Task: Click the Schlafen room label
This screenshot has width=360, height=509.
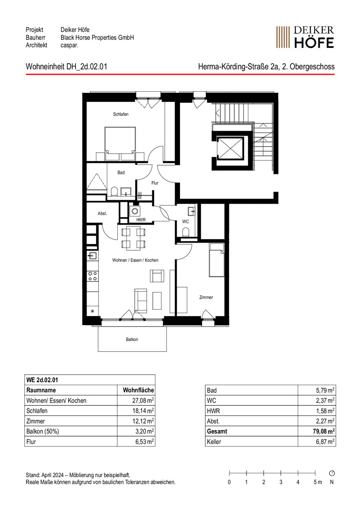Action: pyautogui.click(x=121, y=114)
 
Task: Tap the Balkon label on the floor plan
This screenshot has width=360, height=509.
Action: pyautogui.click(x=132, y=339)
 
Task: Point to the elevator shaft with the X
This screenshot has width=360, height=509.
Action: pyautogui.click(x=230, y=148)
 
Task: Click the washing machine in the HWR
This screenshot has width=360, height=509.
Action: pyautogui.click(x=135, y=211)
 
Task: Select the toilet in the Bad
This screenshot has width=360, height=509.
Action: pyautogui.click(x=114, y=191)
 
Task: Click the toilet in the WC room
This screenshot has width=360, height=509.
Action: pyautogui.click(x=186, y=232)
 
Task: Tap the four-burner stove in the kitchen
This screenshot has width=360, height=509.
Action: pyautogui.click(x=93, y=276)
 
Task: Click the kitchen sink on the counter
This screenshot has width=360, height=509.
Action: pyautogui.click(x=93, y=256)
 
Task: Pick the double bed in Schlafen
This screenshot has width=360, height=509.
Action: pyautogui.click(x=120, y=144)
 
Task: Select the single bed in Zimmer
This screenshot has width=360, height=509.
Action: pyautogui.click(x=217, y=260)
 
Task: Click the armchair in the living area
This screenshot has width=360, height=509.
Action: pyautogui.click(x=157, y=276)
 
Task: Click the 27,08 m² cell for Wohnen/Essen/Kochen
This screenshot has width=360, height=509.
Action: pyautogui.click(x=143, y=400)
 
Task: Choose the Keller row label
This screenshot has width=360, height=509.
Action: pyautogui.click(x=214, y=442)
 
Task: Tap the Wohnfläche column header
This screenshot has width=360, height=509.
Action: pyautogui.click(x=138, y=390)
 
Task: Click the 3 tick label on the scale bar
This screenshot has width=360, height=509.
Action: pyautogui.click(x=281, y=482)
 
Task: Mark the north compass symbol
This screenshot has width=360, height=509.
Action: pyautogui.click(x=332, y=473)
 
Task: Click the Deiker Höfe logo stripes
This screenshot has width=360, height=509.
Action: pyautogui.click(x=283, y=37)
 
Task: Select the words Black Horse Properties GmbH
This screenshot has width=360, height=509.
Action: pyautogui.click(x=97, y=37)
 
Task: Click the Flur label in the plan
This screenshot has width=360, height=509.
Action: pyautogui.click(x=155, y=183)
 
